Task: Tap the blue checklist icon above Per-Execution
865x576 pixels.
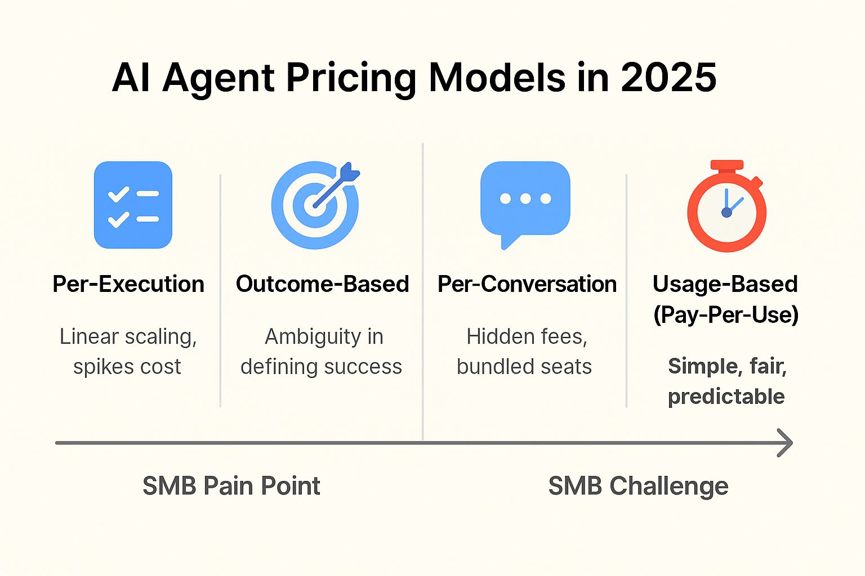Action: pyautogui.click(x=133, y=205)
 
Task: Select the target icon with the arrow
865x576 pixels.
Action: pyautogui.click(x=315, y=205)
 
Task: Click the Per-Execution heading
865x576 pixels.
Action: pyautogui.click(x=128, y=284)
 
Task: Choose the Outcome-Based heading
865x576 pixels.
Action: pyautogui.click(x=322, y=284)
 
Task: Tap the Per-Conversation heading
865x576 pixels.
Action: pyautogui.click(x=527, y=284)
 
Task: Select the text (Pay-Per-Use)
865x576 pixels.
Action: pyautogui.click(x=726, y=314)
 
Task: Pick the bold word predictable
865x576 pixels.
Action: pyautogui.click(x=726, y=397)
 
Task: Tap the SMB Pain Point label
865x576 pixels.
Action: pyautogui.click(x=231, y=486)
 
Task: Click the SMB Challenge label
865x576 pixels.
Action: pyautogui.click(x=638, y=486)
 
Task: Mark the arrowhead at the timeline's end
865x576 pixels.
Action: pyautogui.click(x=786, y=443)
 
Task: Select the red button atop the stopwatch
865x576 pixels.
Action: pyautogui.click(x=726, y=165)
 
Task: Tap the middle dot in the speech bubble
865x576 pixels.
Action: pyautogui.click(x=525, y=199)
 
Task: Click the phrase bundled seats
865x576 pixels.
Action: pyautogui.click(x=524, y=367)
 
